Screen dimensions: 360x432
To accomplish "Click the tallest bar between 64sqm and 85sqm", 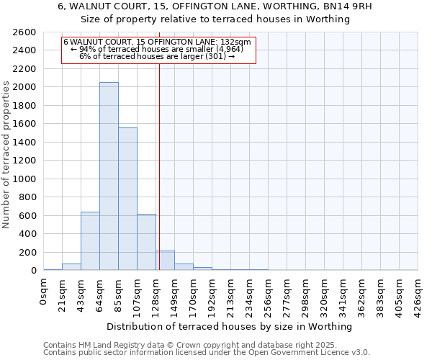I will pyautogui.click(x=109, y=176).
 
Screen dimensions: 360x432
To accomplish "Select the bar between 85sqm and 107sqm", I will pyautogui.click(x=127, y=199).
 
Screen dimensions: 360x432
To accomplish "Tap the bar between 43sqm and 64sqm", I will pyautogui.click(x=90, y=241).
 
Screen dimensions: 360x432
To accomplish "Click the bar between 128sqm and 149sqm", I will pyautogui.click(x=165, y=261).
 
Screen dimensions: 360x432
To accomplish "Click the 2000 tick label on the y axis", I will pyautogui.click(x=24, y=87).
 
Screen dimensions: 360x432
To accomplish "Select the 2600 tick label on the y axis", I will pyautogui.click(x=24, y=32).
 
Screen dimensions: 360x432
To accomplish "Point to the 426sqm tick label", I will pyautogui.click(x=418, y=296).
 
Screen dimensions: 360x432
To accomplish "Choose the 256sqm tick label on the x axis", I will pyautogui.click(x=269, y=296).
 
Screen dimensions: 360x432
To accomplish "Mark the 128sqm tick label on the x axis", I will pyautogui.click(x=156, y=296).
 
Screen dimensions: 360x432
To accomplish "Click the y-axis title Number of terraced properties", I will pyautogui.click(x=6, y=155).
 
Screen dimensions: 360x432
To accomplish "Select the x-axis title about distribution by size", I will pyautogui.click(x=230, y=326).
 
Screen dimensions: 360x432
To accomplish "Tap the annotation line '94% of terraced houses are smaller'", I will pyautogui.click(x=158, y=49).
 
